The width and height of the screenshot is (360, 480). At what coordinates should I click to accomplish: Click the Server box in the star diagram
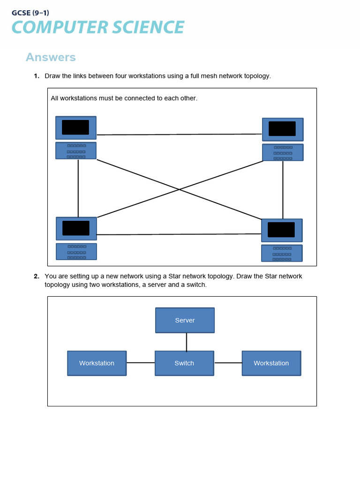pos(185,320)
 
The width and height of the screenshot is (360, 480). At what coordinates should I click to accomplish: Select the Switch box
pos(184,363)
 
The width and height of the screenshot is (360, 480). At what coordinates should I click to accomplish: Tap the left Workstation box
pos(97,363)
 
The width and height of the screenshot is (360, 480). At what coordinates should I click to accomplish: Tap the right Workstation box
pos(271,363)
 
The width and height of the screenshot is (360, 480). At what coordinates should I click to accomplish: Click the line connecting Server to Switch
pos(187,342)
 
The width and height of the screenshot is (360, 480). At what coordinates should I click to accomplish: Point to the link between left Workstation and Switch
pos(141,363)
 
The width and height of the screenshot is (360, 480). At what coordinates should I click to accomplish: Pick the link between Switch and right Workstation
pos(228,363)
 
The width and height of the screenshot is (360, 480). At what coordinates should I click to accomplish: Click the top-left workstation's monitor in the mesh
pos(75,127)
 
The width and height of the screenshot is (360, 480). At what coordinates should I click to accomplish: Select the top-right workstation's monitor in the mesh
pos(282,129)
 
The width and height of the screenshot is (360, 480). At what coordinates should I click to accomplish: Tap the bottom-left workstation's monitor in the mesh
pos(76,228)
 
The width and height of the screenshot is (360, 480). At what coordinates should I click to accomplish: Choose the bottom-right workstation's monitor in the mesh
pos(281,230)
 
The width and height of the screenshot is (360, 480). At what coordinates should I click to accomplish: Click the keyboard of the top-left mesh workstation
pos(76,151)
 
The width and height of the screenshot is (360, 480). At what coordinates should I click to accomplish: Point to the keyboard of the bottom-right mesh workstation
pos(282,254)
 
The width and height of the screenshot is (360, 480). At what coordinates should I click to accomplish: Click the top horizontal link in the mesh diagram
pos(179,135)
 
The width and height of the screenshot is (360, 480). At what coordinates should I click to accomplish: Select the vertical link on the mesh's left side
pos(78,187)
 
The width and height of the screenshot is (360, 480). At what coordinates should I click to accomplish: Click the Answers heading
pos(51,57)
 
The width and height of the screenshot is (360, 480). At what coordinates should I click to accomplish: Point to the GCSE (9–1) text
pos(30,13)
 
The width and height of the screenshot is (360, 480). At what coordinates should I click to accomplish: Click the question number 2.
pos(36,276)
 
